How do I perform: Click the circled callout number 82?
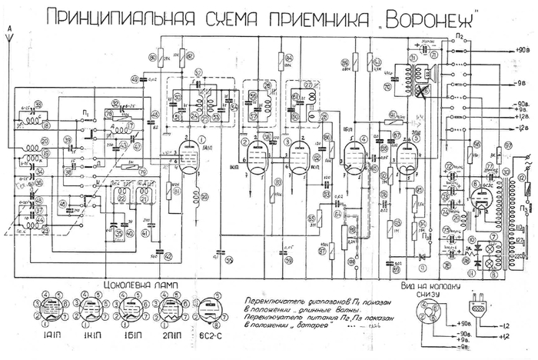[289, 58]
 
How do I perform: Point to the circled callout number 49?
[134, 79]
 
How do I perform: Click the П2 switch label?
[458, 36]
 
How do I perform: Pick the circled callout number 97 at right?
[508, 145]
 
